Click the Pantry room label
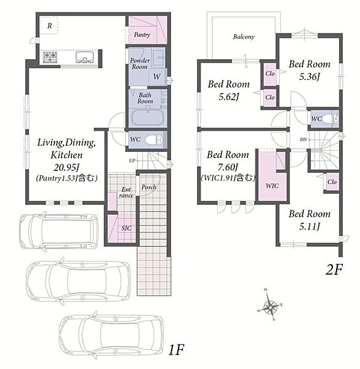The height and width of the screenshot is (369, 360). (x=142, y=35)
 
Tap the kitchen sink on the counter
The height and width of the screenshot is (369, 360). (x=84, y=57)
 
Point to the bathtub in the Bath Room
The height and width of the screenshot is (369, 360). (x=148, y=117)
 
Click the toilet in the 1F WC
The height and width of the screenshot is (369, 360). (x=154, y=140)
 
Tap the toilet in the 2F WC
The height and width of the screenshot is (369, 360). (x=330, y=119)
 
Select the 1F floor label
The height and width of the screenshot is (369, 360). (x=176, y=350)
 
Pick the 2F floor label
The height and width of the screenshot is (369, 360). (x=334, y=269)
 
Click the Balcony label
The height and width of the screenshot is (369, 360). (x=244, y=37)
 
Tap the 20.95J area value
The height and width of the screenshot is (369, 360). (x=66, y=167)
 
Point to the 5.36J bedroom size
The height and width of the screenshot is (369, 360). (x=310, y=77)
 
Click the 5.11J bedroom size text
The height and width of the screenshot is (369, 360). (x=310, y=226)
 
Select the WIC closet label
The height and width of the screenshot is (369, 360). (x=272, y=186)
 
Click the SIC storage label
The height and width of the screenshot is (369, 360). (x=126, y=228)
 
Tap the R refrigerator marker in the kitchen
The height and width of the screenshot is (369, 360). (x=49, y=26)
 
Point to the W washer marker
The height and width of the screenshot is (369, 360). (x=157, y=76)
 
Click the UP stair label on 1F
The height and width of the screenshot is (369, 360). (x=132, y=161)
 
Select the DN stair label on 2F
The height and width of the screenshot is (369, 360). (x=303, y=140)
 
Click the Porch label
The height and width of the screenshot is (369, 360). (x=149, y=187)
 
